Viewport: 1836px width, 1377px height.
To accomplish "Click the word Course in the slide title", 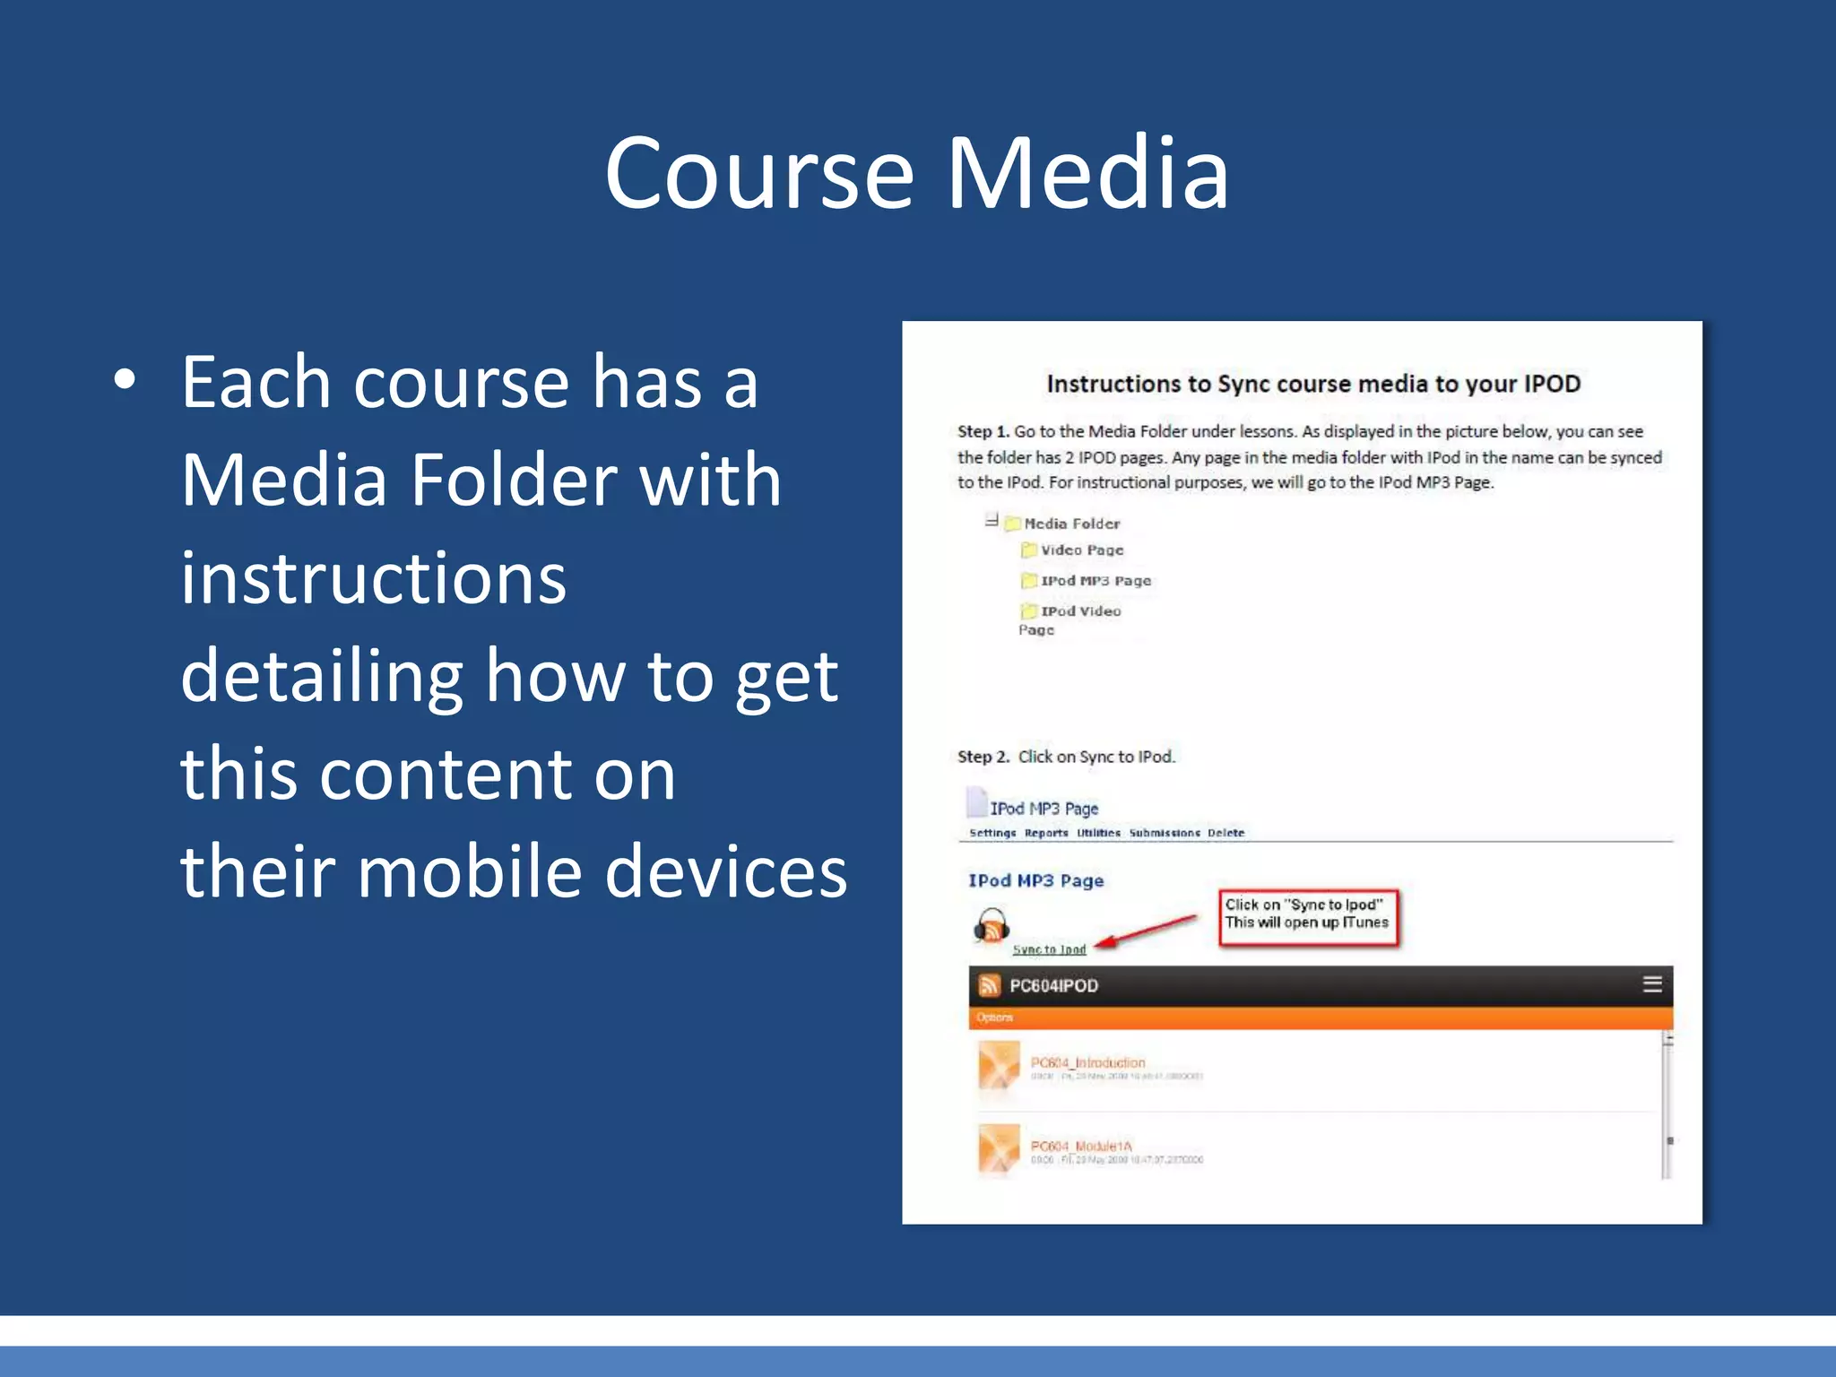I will (x=758, y=173).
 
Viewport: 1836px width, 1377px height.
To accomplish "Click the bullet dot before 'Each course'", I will (x=125, y=380).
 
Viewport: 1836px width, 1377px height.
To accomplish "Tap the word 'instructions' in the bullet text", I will (x=373, y=578).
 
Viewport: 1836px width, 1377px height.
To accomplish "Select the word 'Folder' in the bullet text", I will (x=513, y=480).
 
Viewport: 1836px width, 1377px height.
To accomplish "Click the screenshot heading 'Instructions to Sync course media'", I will (x=1312, y=384).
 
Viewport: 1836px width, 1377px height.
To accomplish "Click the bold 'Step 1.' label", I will (x=983, y=431).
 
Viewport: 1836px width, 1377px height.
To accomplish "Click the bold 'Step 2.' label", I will (x=983, y=757).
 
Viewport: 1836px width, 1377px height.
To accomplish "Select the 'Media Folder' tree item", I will (x=1070, y=524).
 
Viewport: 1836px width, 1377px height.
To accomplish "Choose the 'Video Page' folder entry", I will (x=1081, y=550).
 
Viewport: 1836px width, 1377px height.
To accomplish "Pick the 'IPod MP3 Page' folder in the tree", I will (x=1095, y=581).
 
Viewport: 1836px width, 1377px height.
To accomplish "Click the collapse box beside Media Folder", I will (x=992, y=520).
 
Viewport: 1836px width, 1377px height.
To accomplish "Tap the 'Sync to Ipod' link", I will (x=1049, y=949).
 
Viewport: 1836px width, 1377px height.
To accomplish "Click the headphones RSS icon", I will (x=992, y=926).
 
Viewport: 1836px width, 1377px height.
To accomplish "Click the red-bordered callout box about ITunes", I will (x=1307, y=915).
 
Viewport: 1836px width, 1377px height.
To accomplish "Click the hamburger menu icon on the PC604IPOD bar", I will (x=1652, y=984).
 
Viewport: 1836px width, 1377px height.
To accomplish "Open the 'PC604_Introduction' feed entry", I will (x=1087, y=1062).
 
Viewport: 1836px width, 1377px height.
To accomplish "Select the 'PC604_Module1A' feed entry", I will (x=1081, y=1146).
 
